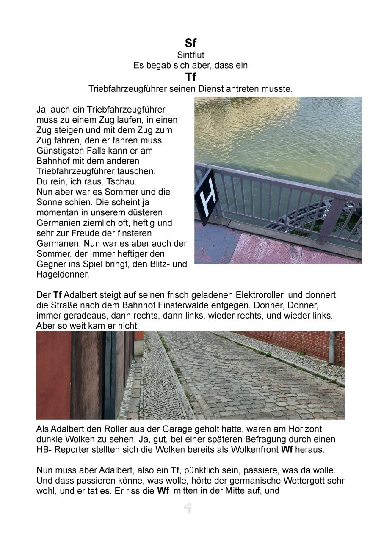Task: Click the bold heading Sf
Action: (190, 43)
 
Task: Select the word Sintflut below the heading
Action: (190, 55)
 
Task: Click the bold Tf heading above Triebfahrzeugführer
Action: (190, 77)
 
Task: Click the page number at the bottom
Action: (188, 508)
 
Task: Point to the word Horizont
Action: (304, 429)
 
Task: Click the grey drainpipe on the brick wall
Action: (331, 348)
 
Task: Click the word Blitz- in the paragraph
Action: (156, 264)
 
